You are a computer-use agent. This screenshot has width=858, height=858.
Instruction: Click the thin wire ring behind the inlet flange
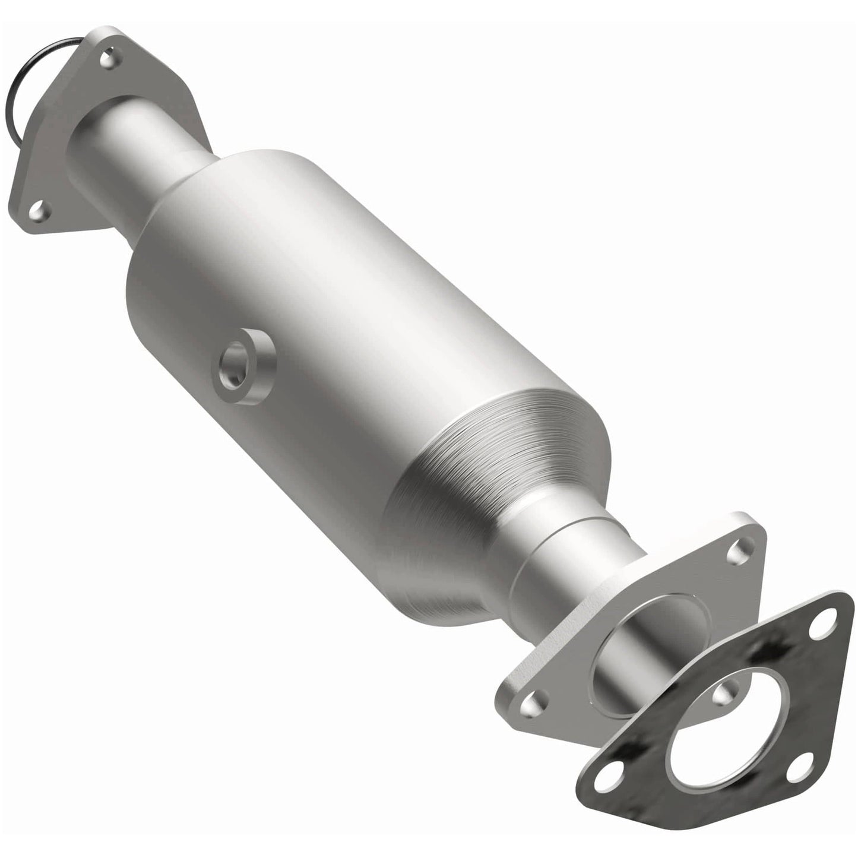19,89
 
